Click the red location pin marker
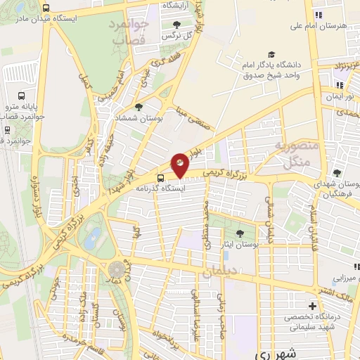[181, 165]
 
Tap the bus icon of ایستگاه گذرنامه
[161, 178]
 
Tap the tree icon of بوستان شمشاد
[139, 108]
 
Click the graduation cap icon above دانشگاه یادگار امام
[271, 55]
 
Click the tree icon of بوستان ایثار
[240, 233]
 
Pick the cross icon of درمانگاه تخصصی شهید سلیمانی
[312, 307]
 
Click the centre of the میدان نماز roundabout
[116, 269]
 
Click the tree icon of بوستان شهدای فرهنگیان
[337, 173]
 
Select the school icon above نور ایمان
[340, 85]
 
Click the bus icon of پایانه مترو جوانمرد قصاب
[21, 96]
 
